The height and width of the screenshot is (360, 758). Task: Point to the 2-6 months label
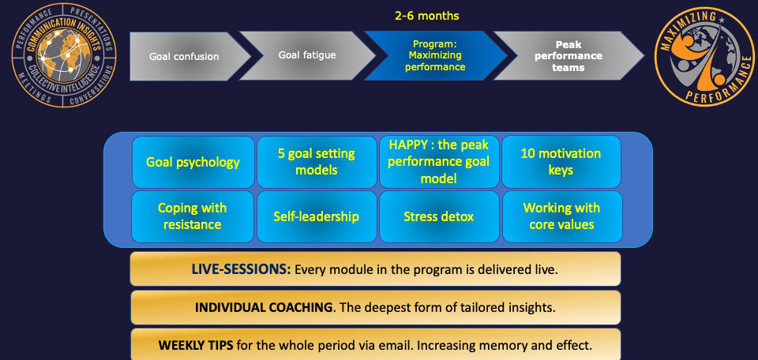point(427,16)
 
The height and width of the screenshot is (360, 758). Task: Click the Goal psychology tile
point(193,162)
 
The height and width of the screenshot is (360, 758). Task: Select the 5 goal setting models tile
point(317,162)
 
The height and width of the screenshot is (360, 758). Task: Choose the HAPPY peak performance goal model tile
point(439,162)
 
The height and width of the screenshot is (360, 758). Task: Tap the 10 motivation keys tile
point(561,162)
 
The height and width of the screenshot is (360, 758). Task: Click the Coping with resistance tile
point(193,216)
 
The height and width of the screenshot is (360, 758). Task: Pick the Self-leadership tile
point(317,216)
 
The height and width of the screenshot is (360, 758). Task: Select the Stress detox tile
point(439,216)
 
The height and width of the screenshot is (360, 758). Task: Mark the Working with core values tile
point(562,216)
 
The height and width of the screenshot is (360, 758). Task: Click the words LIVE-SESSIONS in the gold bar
point(242,269)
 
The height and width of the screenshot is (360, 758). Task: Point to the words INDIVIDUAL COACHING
point(264,307)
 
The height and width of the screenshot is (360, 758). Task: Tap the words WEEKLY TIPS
point(196,346)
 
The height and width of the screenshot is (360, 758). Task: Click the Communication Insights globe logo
point(64,55)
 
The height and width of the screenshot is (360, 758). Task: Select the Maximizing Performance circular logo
point(700,57)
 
